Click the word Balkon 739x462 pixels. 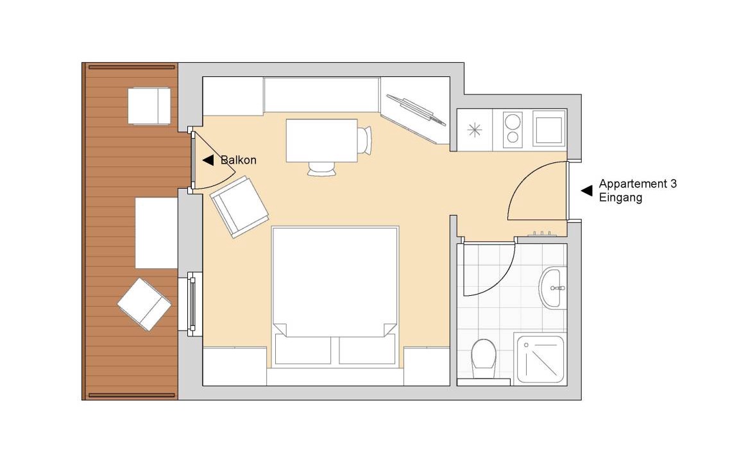click(239, 160)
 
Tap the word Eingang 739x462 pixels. click(620, 197)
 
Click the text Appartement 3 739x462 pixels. click(638, 184)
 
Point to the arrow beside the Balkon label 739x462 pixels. click(208, 160)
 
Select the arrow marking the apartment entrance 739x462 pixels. click(586, 191)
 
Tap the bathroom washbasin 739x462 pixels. click(550, 287)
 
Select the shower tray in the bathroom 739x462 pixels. click(540, 359)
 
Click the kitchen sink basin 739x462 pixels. click(549, 129)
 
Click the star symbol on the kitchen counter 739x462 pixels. click(475, 129)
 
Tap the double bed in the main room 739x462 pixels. click(335, 296)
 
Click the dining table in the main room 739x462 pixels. click(322, 141)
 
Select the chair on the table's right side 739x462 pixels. click(364, 140)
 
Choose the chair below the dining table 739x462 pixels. click(323, 168)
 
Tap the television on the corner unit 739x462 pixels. click(416, 110)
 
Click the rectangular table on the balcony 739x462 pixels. click(157, 233)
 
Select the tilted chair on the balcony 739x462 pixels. click(144, 305)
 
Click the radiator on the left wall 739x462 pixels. click(192, 304)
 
